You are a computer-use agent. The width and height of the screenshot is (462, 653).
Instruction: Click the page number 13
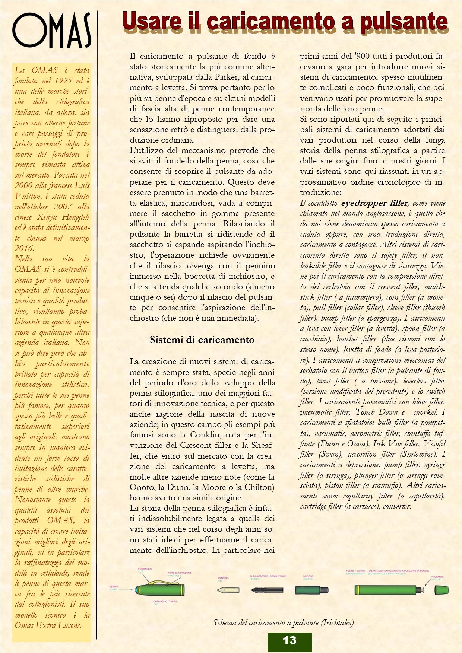pyautogui.click(x=289, y=640)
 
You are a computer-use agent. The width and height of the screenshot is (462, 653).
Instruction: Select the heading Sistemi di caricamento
pyautogui.click(x=202, y=340)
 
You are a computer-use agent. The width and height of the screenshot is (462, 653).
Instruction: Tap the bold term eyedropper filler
pyautogui.click(x=374, y=203)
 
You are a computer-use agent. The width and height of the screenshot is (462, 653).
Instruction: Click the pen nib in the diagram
pyautogui.click(x=228, y=590)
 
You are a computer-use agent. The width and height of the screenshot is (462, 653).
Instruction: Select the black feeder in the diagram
pyautogui.click(x=266, y=590)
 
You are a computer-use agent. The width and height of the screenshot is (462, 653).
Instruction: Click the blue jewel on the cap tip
pyautogui.click(x=136, y=590)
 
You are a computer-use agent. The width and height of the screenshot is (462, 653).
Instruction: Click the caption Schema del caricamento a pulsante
pyautogui.click(x=283, y=622)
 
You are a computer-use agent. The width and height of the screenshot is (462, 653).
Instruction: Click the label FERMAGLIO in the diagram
pyautogui.click(x=145, y=569)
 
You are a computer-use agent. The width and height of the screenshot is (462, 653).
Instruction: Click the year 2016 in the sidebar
pyautogui.click(x=24, y=248)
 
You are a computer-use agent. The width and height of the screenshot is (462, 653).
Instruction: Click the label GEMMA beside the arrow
pyautogui.click(x=113, y=586)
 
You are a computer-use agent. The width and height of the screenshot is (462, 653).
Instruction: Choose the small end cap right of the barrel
pyautogui.click(x=442, y=590)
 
